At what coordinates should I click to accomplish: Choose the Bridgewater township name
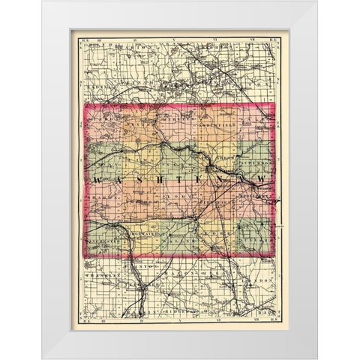tap(139, 235)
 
